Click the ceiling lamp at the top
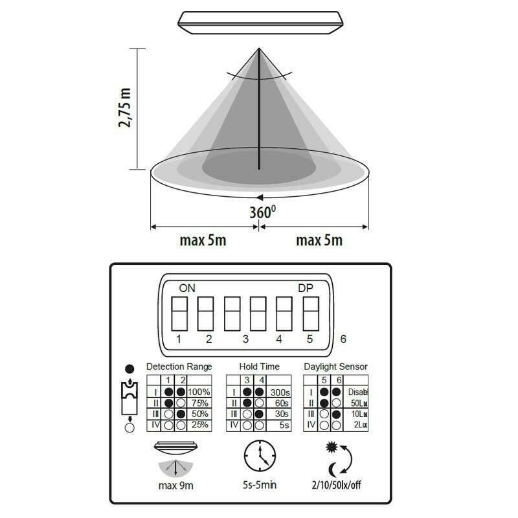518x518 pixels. click(x=260, y=23)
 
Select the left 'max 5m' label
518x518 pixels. click(x=203, y=241)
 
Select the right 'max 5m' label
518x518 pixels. click(x=319, y=241)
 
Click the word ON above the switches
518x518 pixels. click(x=186, y=287)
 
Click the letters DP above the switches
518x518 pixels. click(x=305, y=287)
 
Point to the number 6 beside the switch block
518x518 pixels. click(x=343, y=339)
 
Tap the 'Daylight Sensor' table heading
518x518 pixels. click(x=335, y=366)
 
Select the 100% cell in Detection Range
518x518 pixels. click(x=198, y=392)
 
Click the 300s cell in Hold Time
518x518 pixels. click(x=279, y=392)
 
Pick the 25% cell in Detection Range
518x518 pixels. click(x=198, y=425)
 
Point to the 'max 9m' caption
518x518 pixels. click(x=176, y=485)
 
